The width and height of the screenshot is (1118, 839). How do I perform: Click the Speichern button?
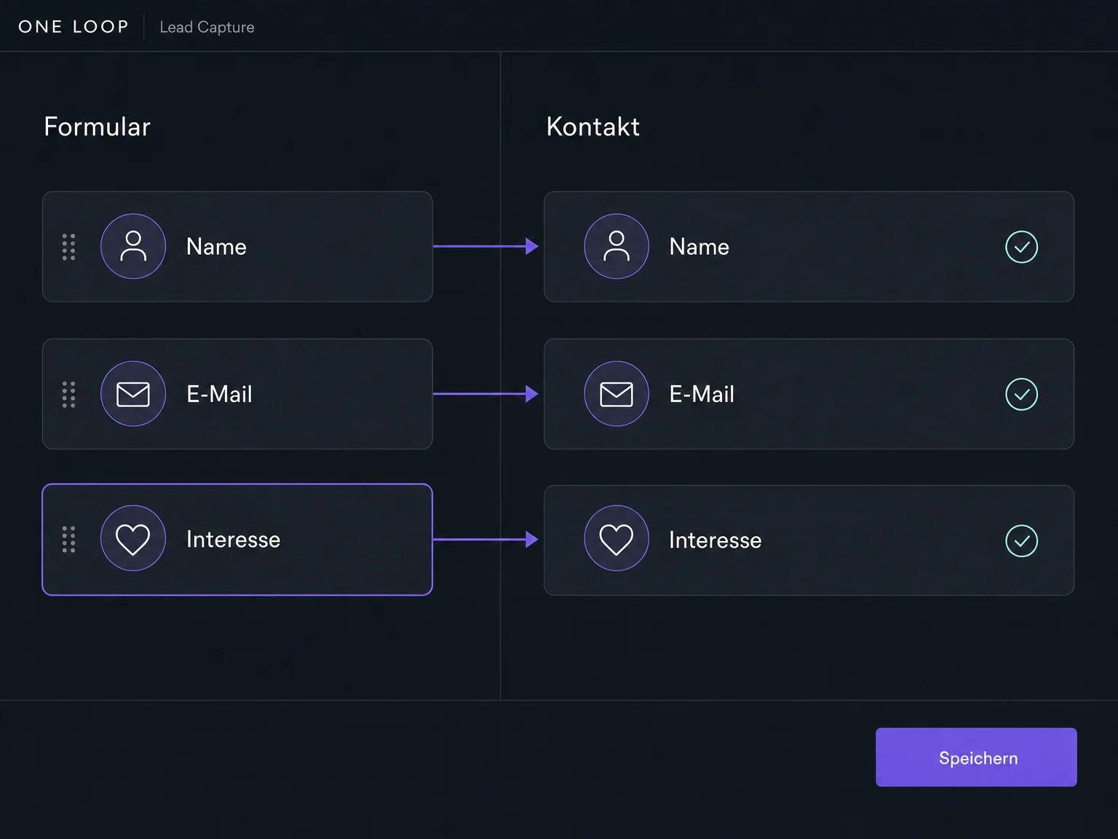coord(976,757)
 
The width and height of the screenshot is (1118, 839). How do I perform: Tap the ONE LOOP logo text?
coord(74,26)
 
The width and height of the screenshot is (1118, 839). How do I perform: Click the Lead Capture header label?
coord(207,27)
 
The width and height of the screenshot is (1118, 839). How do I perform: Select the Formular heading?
coord(97,126)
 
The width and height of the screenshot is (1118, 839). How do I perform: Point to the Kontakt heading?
coord(592,126)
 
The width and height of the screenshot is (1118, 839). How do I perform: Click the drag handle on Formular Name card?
coord(68,247)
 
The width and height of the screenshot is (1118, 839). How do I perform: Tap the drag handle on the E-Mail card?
coord(68,394)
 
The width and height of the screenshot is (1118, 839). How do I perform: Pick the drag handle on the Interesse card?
coord(68,540)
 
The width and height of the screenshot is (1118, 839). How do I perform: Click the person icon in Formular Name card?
coord(133,246)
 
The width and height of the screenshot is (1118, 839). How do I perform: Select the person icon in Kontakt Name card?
coord(617,246)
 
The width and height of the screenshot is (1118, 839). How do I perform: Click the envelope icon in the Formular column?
coord(133,394)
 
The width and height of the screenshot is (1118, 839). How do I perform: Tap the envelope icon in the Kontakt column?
coord(617,394)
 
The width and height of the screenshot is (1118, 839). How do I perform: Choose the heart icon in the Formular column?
coord(133,538)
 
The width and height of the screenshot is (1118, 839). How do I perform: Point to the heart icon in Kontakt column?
coord(617,538)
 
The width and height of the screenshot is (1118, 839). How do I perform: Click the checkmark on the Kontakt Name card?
coord(1021,247)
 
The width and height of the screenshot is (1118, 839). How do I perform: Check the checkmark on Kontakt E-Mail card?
coord(1021,394)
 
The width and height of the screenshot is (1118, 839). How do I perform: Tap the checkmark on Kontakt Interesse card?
coord(1021,541)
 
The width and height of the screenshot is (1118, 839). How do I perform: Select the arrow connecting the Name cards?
coord(485,246)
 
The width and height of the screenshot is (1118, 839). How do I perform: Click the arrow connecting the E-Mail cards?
coord(485,394)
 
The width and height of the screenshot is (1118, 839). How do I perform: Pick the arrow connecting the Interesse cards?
coord(485,539)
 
